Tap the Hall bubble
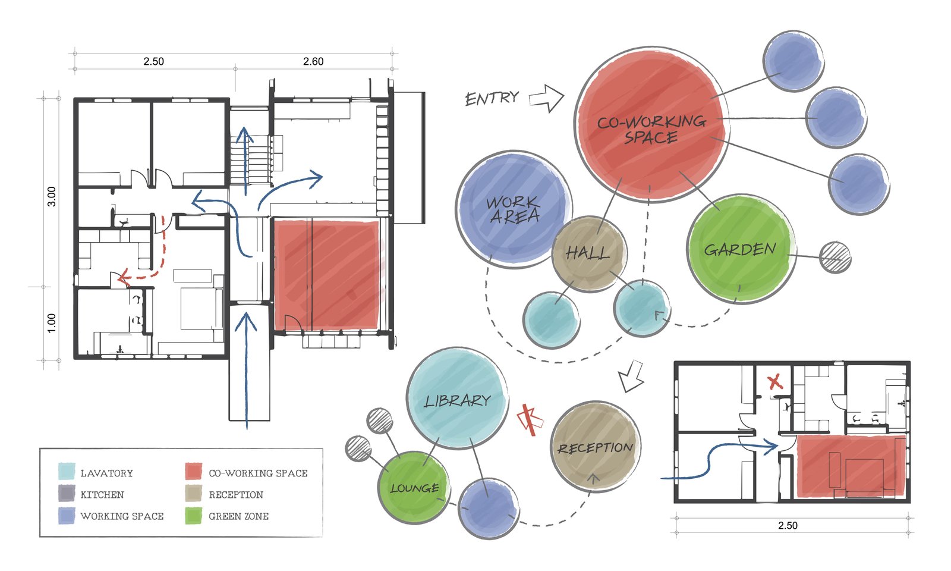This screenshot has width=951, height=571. pyautogui.click(x=588, y=253)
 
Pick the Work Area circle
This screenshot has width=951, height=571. pyautogui.click(x=514, y=209)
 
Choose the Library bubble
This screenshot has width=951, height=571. pyautogui.click(x=457, y=400)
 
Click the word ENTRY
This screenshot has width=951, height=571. pyautogui.click(x=492, y=98)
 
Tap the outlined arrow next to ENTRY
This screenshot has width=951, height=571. pyautogui.click(x=546, y=98)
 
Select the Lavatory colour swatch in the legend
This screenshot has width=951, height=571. pyautogui.click(x=67, y=472)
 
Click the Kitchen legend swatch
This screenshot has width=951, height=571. pyautogui.click(x=67, y=494)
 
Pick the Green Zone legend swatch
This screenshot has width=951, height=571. pyautogui.click(x=194, y=516)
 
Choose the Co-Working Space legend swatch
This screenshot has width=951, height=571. pyautogui.click(x=194, y=472)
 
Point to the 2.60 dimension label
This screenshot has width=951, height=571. pyautogui.click(x=313, y=61)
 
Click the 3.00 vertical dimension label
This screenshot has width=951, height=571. pyautogui.click(x=52, y=196)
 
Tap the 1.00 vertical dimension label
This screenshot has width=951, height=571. pyautogui.click(x=52, y=322)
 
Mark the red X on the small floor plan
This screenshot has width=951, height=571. pyautogui.click(x=775, y=382)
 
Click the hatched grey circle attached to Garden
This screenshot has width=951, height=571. pyautogui.click(x=835, y=258)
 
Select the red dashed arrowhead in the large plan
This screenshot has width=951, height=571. pyautogui.click(x=123, y=277)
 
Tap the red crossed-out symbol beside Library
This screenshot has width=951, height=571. pyautogui.click(x=529, y=420)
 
